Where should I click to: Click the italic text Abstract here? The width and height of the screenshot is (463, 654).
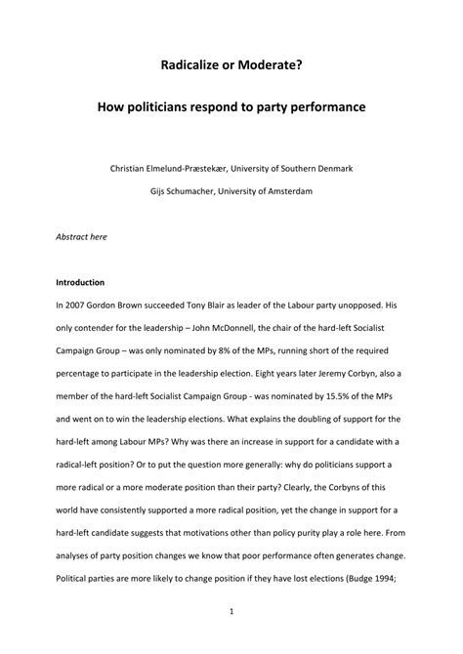[82, 235]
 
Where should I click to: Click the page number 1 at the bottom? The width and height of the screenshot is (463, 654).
[231, 612]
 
